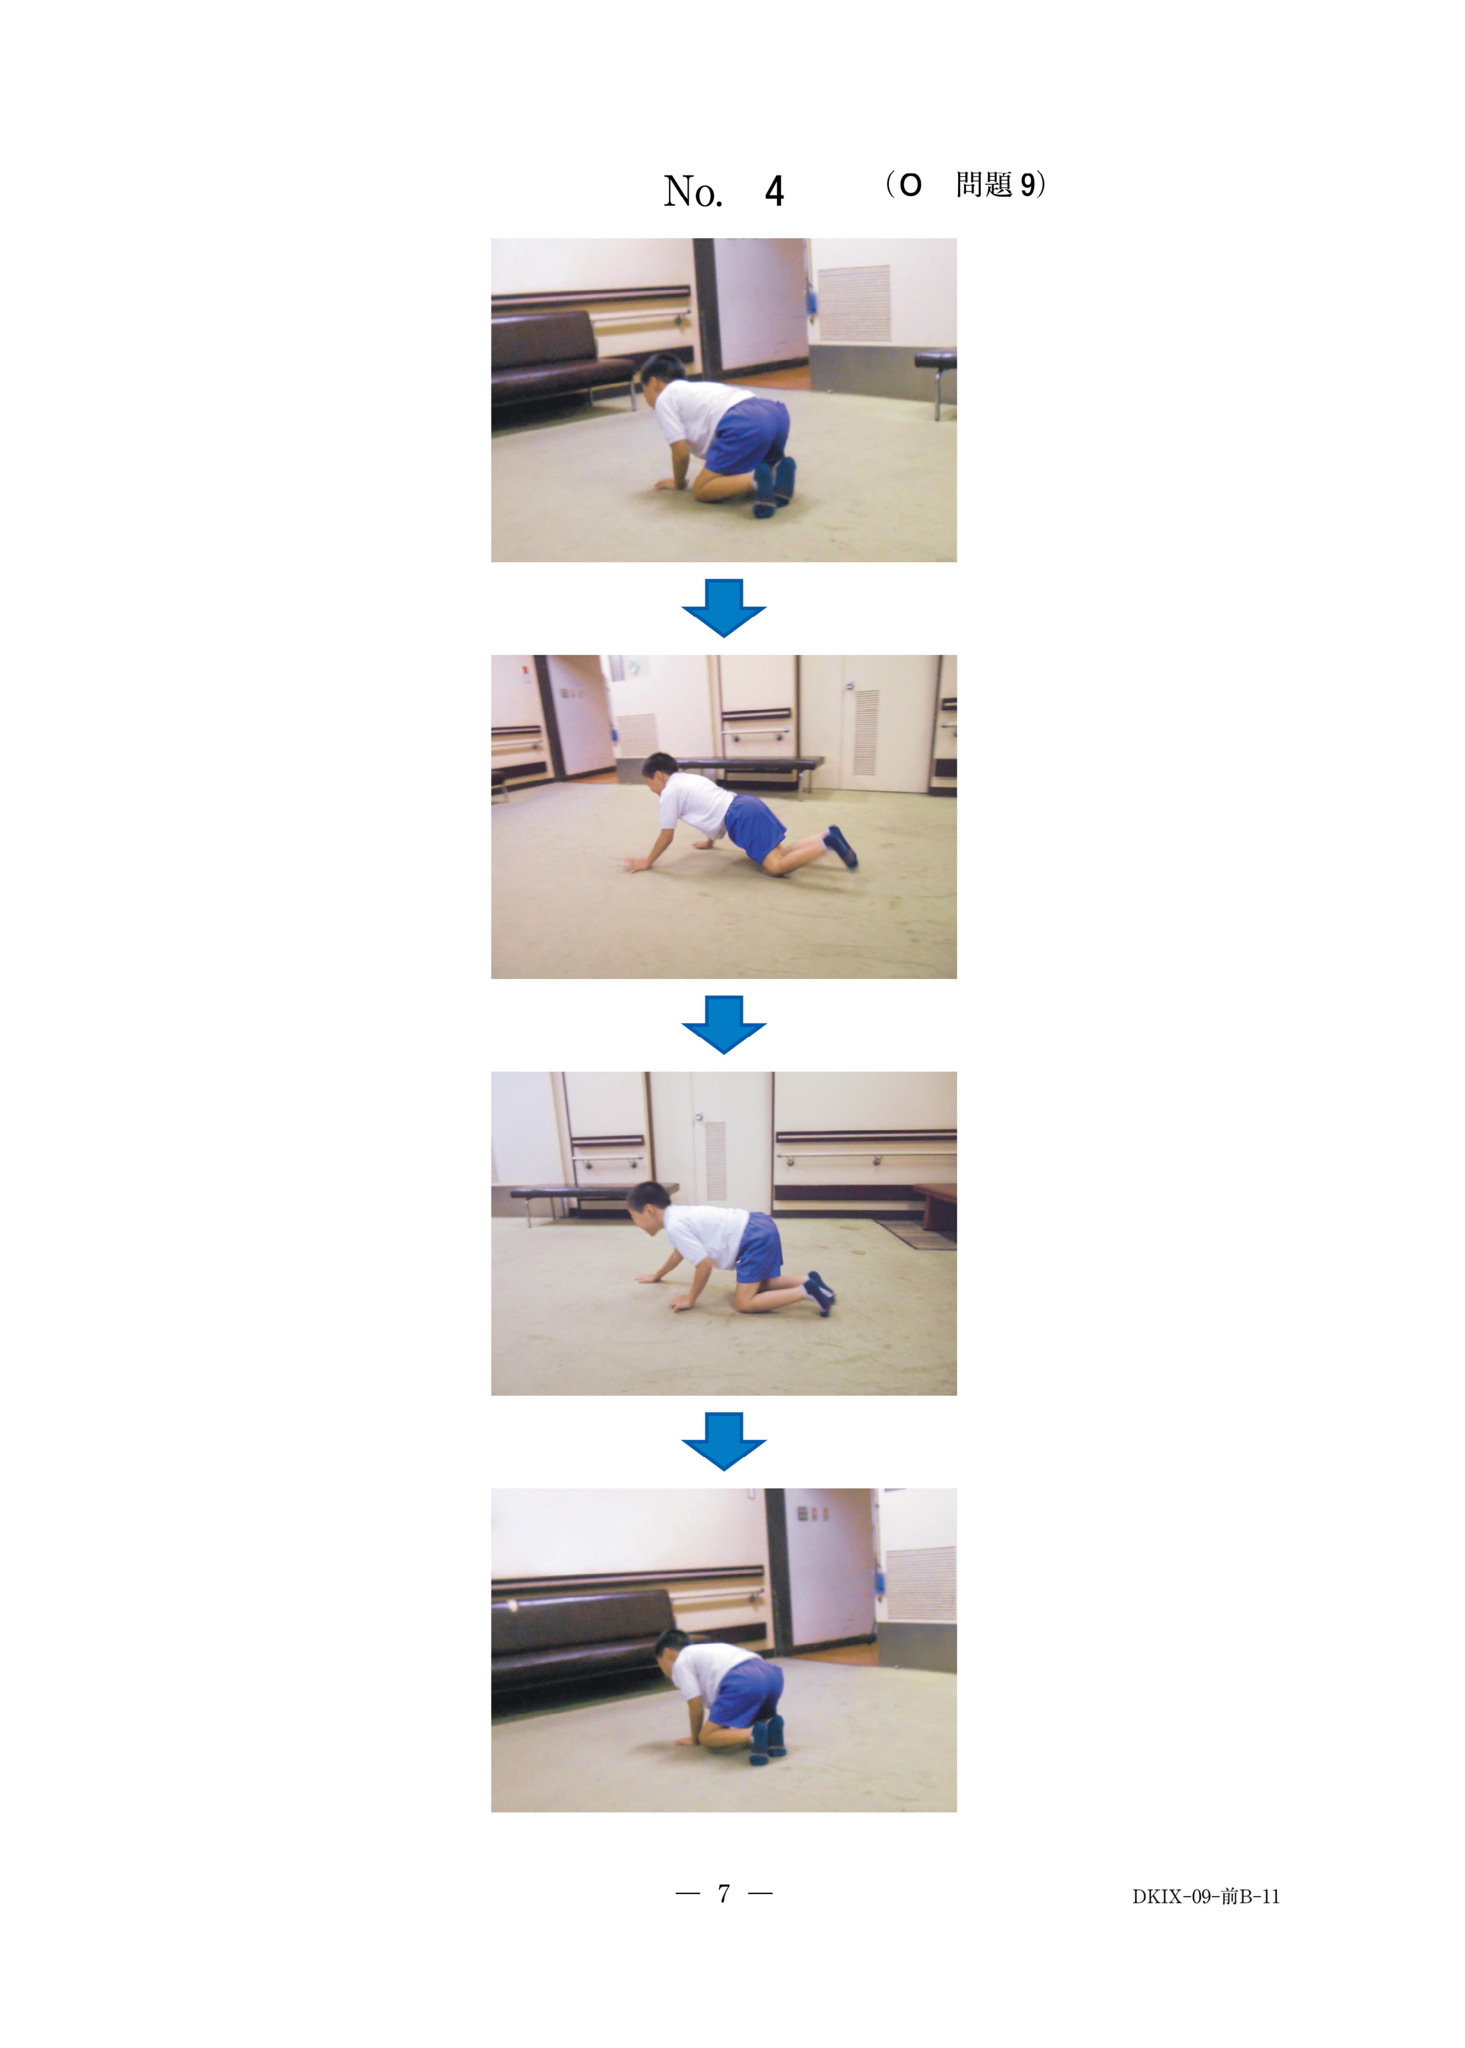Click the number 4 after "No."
point(774,191)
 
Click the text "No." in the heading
point(693,191)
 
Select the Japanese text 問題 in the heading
point(984,185)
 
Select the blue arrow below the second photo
point(723,1024)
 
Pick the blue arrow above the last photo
point(723,1441)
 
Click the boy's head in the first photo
point(662,374)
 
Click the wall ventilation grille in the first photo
point(854,303)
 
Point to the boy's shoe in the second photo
point(842,847)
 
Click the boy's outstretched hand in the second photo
point(637,864)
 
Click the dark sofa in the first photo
point(559,368)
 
